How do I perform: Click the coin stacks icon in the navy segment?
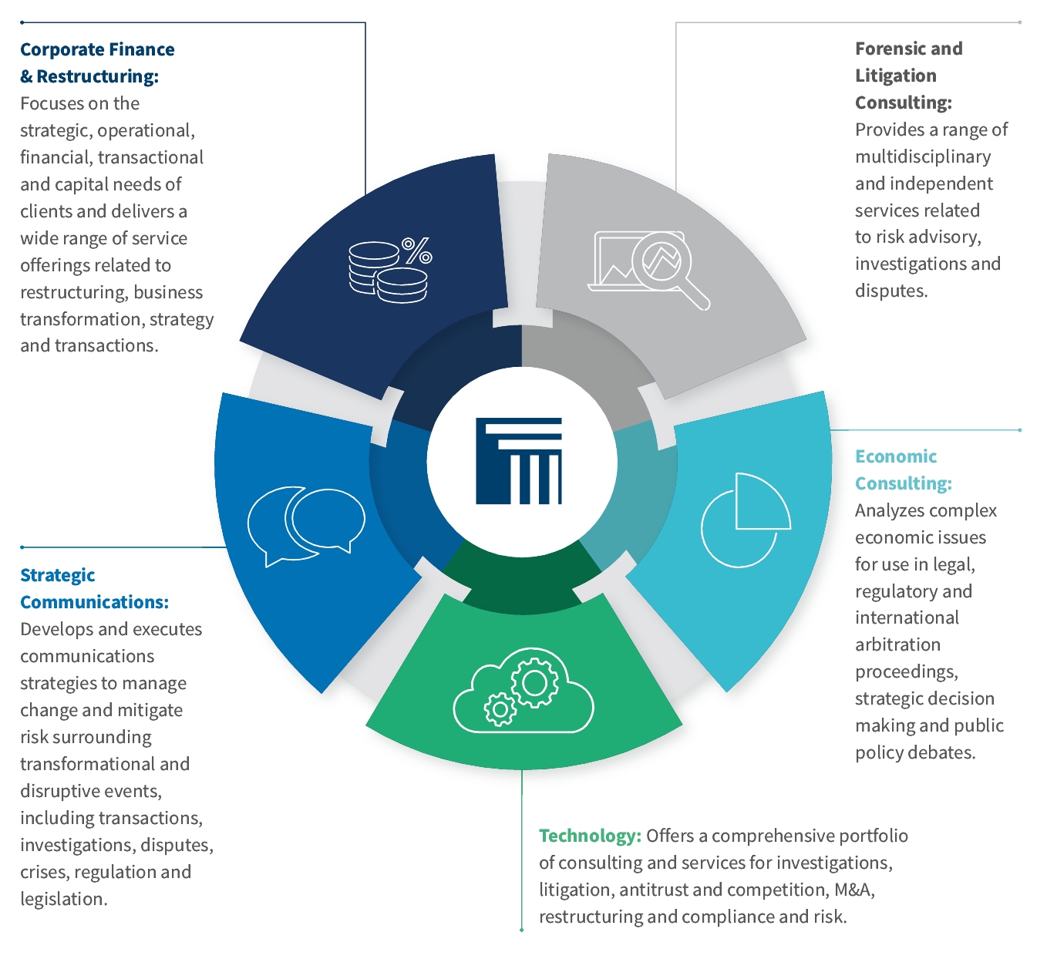pyautogui.click(x=388, y=272)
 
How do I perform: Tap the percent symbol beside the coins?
pyautogui.click(x=417, y=251)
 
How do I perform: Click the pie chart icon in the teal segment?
pyautogui.click(x=746, y=520)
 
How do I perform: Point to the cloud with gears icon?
pyautogui.click(x=523, y=690)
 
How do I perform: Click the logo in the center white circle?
pyautogui.click(x=519, y=461)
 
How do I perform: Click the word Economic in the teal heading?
pyautogui.click(x=896, y=456)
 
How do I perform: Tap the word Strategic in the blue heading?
pyautogui.click(x=57, y=575)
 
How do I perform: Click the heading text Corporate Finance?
pyautogui.click(x=98, y=49)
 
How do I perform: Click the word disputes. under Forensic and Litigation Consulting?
pyautogui.click(x=891, y=291)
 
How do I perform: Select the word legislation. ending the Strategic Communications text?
pyautogui.click(x=64, y=899)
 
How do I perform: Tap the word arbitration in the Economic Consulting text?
pyautogui.click(x=897, y=644)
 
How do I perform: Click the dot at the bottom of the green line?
pyautogui.click(x=521, y=930)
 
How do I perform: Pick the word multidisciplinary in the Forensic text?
pyautogui.click(x=923, y=156)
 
